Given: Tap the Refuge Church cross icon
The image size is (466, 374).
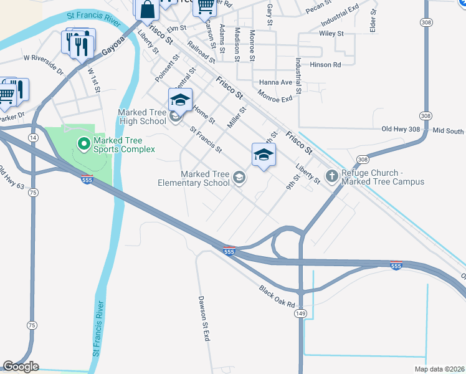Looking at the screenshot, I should coord(331,176).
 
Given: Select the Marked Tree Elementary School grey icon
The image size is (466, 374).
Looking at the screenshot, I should coord(238,179).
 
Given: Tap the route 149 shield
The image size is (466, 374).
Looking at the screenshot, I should coord(301,314).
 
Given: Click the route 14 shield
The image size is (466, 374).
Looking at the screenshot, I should coord(32,137).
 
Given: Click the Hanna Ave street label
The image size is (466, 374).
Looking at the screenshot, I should coord(276,82).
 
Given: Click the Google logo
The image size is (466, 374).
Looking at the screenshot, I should coord(21,367).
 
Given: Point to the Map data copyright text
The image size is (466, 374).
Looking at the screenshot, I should coord(439,369).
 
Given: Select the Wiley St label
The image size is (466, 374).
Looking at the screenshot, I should coord(331,33).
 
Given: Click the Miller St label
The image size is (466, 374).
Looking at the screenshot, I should coord(237,117).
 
